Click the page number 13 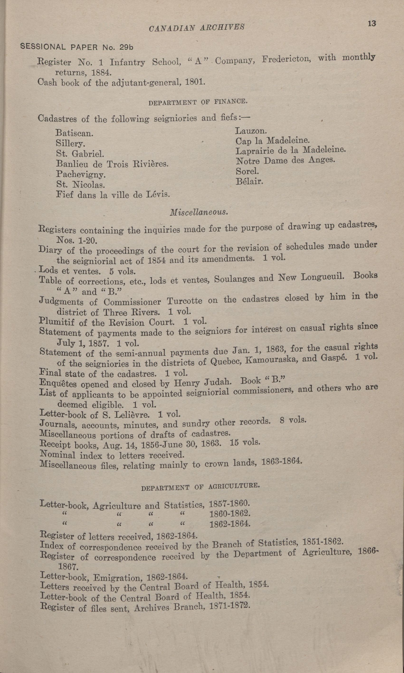pyautogui.click(x=372, y=24)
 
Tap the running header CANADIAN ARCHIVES pyautogui.click(x=197, y=28)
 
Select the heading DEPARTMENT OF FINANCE pyautogui.click(x=198, y=102)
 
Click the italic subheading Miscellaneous pyautogui.click(x=199, y=212)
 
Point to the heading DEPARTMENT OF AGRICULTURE pyautogui.click(x=200, y=485)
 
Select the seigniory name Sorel pyautogui.click(x=247, y=172)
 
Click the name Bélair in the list pyautogui.click(x=249, y=182)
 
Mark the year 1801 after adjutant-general pyautogui.click(x=195, y=82)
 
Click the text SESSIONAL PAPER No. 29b pyautogui.click(x=76, y=47)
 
